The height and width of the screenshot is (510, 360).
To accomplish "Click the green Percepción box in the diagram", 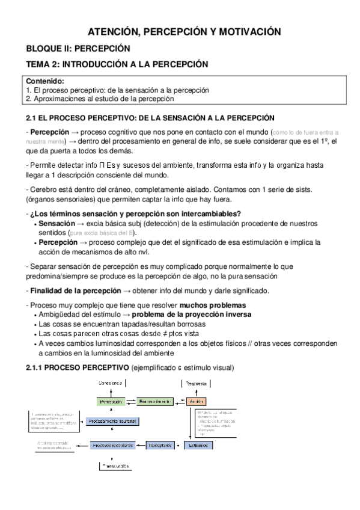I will [111, 401].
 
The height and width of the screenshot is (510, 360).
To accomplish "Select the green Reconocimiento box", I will [154, 401].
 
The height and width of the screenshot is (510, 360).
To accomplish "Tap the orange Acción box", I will [197, 401].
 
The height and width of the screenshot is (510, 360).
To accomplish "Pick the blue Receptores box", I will [160, 445].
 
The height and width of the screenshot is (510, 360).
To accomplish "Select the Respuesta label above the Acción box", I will [197, 382].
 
